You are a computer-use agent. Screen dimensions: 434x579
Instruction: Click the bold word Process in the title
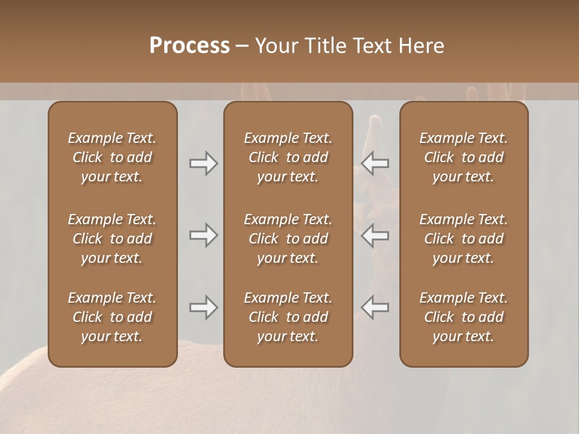click(x=189, y=46)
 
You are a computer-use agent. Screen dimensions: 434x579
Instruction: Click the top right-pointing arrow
click(x=203, y=163)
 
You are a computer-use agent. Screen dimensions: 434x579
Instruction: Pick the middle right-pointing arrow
click(x=203, y=235)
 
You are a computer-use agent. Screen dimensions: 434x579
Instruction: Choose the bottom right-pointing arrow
click(x=203, y=307)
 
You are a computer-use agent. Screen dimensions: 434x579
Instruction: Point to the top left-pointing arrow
click(x=375, y=163)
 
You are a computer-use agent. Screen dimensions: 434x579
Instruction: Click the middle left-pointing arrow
click(x=375, y=235)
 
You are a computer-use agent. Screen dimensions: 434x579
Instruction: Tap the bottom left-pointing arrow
click(x=375, y=307)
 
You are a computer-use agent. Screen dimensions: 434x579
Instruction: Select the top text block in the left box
click(x=112, y=157)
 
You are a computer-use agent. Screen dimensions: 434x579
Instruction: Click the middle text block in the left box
click(x=112, y=239)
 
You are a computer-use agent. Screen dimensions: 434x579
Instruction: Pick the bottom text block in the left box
click(x=112, y=317)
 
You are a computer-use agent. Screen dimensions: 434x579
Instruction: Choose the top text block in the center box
click(x=288, y=157)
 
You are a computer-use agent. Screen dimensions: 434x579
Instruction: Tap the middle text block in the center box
click(x=288, y=239)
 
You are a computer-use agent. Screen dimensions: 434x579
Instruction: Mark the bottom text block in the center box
click(x=288, y=317)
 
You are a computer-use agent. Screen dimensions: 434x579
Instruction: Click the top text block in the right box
click(x=463, y=157)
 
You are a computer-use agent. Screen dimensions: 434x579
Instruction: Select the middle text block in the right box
click(x=463, y=239)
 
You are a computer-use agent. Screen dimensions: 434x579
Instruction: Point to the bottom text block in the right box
click(x=463, y=317)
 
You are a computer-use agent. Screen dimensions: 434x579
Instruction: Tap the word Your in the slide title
click(x=275, y=46)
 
